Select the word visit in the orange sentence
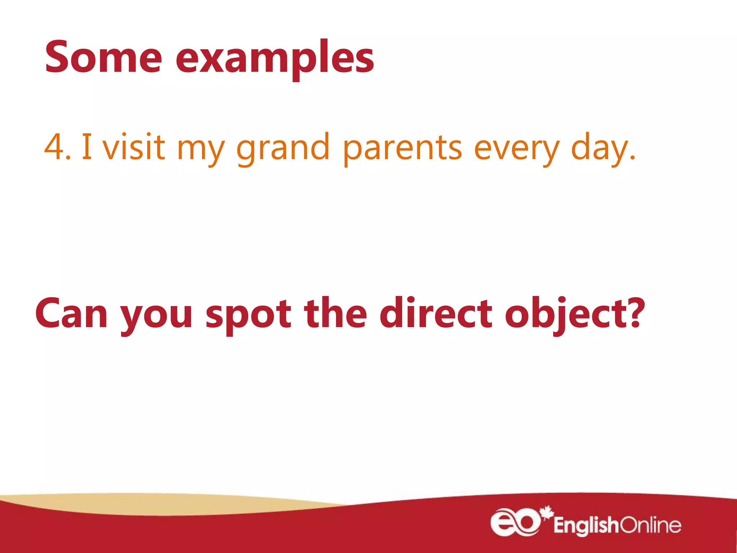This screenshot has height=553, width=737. click(x=134, y=146)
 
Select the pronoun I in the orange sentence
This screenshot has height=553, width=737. click(x=86, y=146)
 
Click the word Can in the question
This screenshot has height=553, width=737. click(x=71, y=314)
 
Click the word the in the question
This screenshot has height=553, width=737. click(x=335, y=313)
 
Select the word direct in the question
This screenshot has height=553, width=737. click(x=436, y=313)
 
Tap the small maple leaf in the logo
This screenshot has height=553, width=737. click(x=547, y=512)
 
